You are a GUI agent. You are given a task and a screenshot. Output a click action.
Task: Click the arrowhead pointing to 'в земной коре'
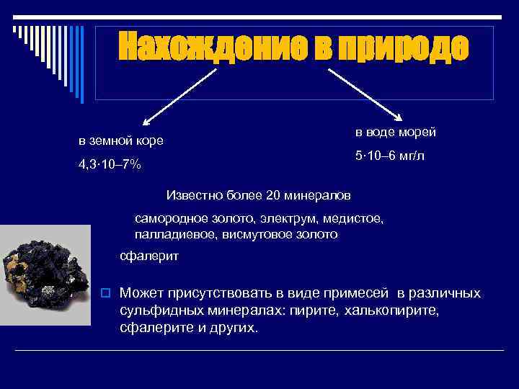144,123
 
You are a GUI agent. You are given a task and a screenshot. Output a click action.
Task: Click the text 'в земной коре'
121,140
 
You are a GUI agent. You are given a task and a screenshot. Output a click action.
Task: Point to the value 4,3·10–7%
110,166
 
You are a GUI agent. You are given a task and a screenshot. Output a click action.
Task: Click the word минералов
317,195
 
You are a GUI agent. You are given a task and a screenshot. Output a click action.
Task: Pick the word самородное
169,218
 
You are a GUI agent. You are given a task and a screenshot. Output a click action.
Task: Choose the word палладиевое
170,235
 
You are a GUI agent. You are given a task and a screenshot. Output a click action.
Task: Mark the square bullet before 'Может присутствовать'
105,293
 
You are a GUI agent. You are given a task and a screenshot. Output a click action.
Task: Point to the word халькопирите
394,310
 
